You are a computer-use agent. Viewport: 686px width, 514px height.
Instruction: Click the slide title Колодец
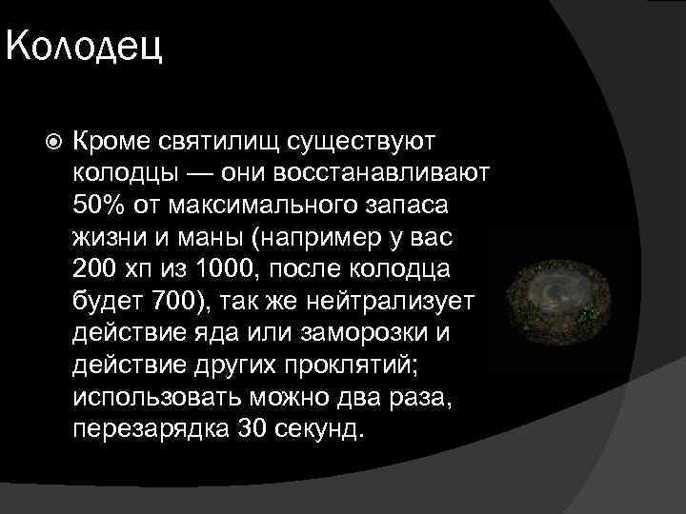[84, 45]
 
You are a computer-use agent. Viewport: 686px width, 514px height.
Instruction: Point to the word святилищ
[206, 142]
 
